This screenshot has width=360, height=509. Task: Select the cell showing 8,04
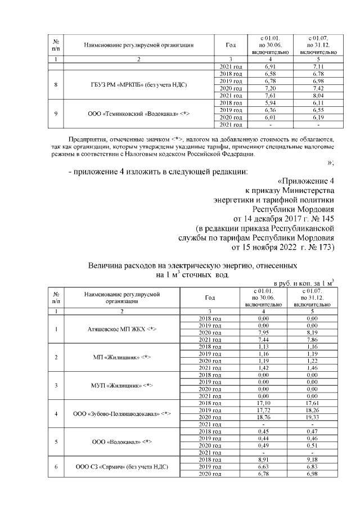[318, 96]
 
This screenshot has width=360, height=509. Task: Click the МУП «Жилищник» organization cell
[122, 385]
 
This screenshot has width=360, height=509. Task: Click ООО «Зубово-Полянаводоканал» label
[122, 414]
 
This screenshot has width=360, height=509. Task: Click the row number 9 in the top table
[55, 114]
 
